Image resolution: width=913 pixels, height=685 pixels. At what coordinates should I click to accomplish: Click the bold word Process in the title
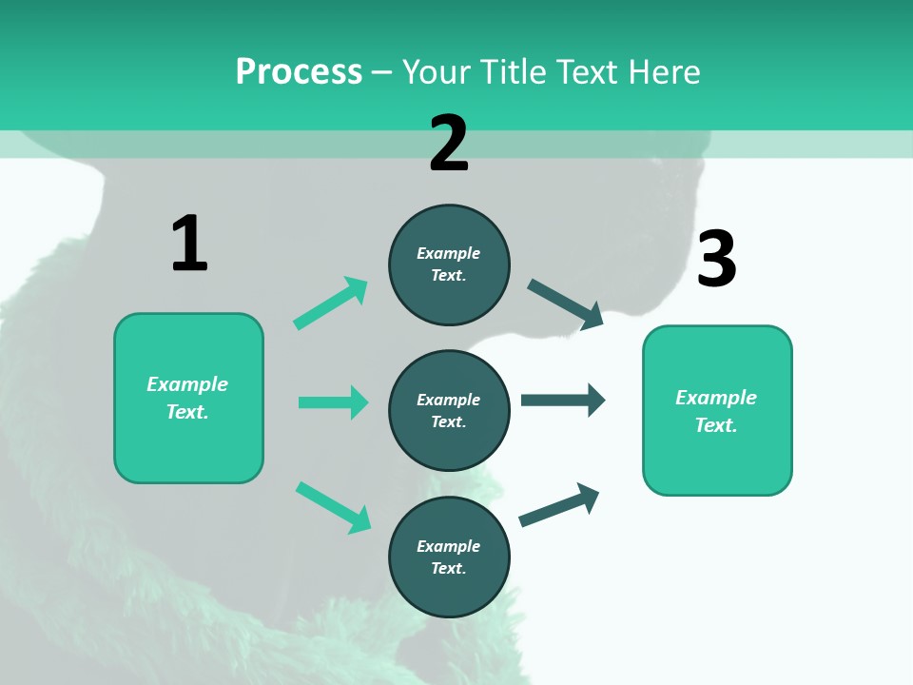click(x=299, y=72)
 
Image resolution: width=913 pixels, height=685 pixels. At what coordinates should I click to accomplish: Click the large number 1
click(x=189, y=245)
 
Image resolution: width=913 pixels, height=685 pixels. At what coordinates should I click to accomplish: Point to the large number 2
click(x=449, y=144)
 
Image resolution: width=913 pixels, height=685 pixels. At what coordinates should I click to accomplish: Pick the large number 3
click(x=716, y=260)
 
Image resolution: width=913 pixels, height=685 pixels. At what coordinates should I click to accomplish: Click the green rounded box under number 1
click(x=188, y=398)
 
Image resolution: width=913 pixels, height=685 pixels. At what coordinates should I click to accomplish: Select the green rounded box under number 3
click(x=717, y=410)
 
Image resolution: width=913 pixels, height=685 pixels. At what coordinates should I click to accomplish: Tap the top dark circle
click(x=449, y=264)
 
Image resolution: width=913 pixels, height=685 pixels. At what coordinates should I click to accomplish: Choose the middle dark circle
click(x=449, y=410)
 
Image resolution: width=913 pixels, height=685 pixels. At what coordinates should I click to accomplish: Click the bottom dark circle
click(x=449, y=557)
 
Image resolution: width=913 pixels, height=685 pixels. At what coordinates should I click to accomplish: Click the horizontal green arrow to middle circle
click(x=333, y=402)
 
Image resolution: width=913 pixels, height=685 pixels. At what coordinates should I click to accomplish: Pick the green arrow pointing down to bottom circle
click(x=333, y=507)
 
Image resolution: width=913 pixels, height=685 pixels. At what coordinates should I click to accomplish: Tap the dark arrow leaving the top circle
click(x=566, y=303)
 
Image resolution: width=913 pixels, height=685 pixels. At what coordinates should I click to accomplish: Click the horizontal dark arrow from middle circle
click(x=563, y=400)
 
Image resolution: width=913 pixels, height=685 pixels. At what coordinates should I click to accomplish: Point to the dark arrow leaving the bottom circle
click(x=559, y=504)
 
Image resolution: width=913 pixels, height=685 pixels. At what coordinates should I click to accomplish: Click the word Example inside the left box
click(x=187, y=384)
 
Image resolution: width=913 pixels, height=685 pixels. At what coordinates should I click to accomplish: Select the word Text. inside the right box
click(x=716, y=425)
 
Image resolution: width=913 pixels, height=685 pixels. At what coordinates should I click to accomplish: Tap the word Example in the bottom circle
click(x=449, y=546)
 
